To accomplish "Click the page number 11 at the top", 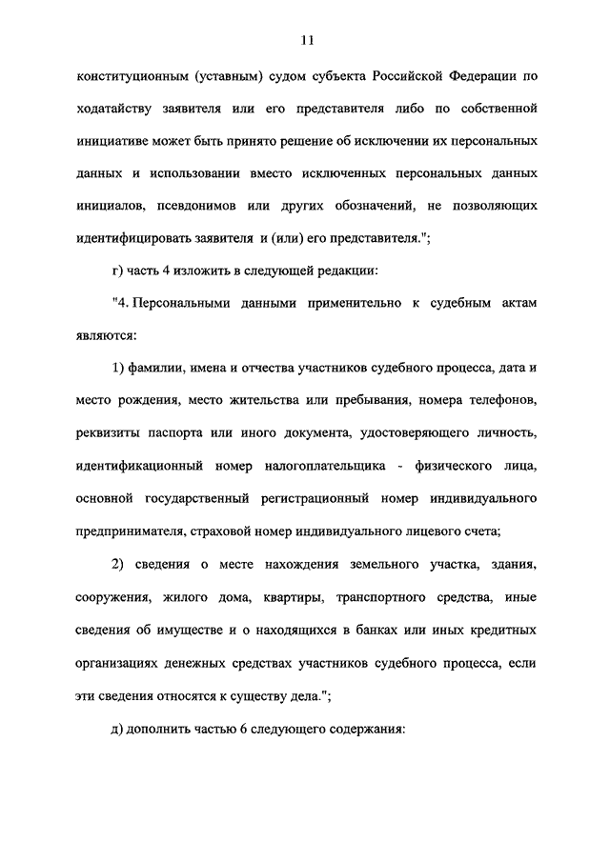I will [305, 40].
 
